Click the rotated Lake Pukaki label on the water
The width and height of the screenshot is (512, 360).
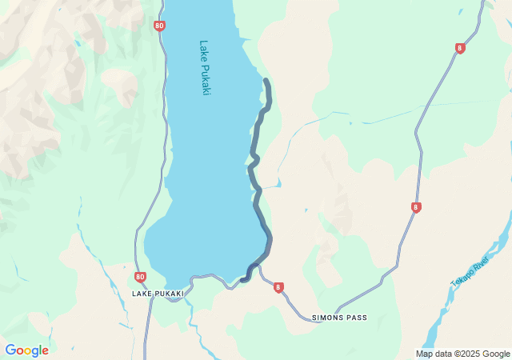205,68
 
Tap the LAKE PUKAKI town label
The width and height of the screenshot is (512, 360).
158,294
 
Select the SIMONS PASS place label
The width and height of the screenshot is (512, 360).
339,318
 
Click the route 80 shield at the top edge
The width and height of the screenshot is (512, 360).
160,26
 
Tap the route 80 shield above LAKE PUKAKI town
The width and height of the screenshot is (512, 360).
141,278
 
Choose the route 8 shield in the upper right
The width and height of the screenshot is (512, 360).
459,48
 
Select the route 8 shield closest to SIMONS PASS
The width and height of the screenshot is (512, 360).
278,287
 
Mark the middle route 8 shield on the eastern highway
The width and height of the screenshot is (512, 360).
416,207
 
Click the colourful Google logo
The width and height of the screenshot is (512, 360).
26,350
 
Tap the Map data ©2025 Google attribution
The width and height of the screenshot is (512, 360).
462,354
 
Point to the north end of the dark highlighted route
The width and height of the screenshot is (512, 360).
266,81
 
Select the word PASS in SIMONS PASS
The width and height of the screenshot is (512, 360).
355,318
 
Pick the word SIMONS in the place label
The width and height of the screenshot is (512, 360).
326,318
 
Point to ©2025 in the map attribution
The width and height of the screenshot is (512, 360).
470,354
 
